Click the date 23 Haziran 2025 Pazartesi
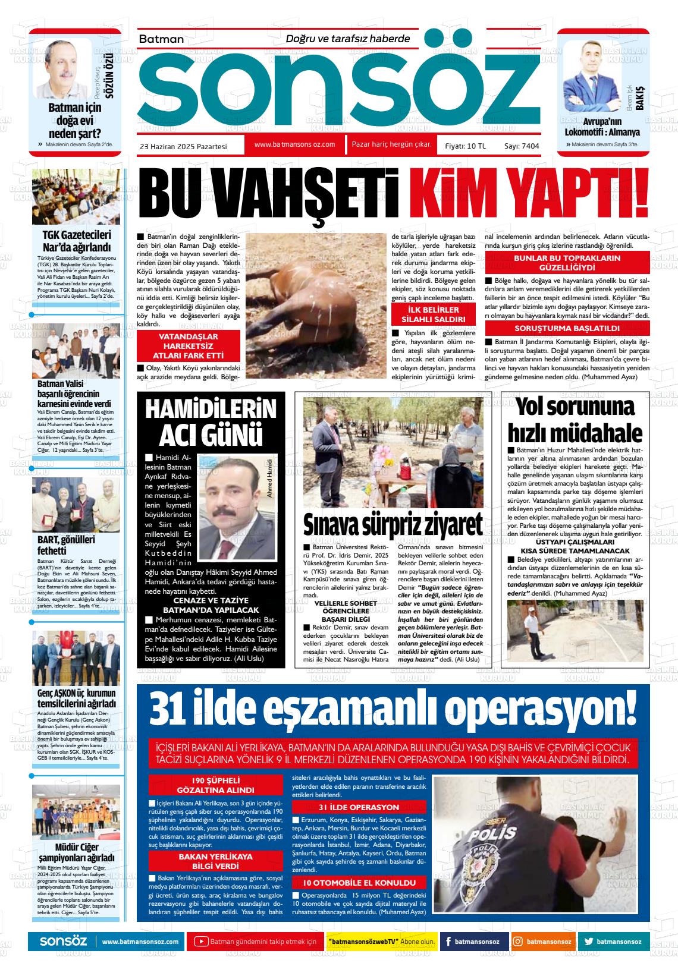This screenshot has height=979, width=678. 183,146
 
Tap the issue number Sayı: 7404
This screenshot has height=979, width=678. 522,146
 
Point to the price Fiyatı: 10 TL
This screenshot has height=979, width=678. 465,146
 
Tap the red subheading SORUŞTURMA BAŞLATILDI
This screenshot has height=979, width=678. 567,328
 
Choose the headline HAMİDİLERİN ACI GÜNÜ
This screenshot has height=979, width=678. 211,423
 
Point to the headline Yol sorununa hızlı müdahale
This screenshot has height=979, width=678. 575,420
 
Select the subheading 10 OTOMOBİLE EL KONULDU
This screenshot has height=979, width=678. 360,882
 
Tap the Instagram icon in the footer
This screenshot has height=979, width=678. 518,942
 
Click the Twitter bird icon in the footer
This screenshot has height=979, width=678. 588,942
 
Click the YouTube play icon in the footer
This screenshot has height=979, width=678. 202,942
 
